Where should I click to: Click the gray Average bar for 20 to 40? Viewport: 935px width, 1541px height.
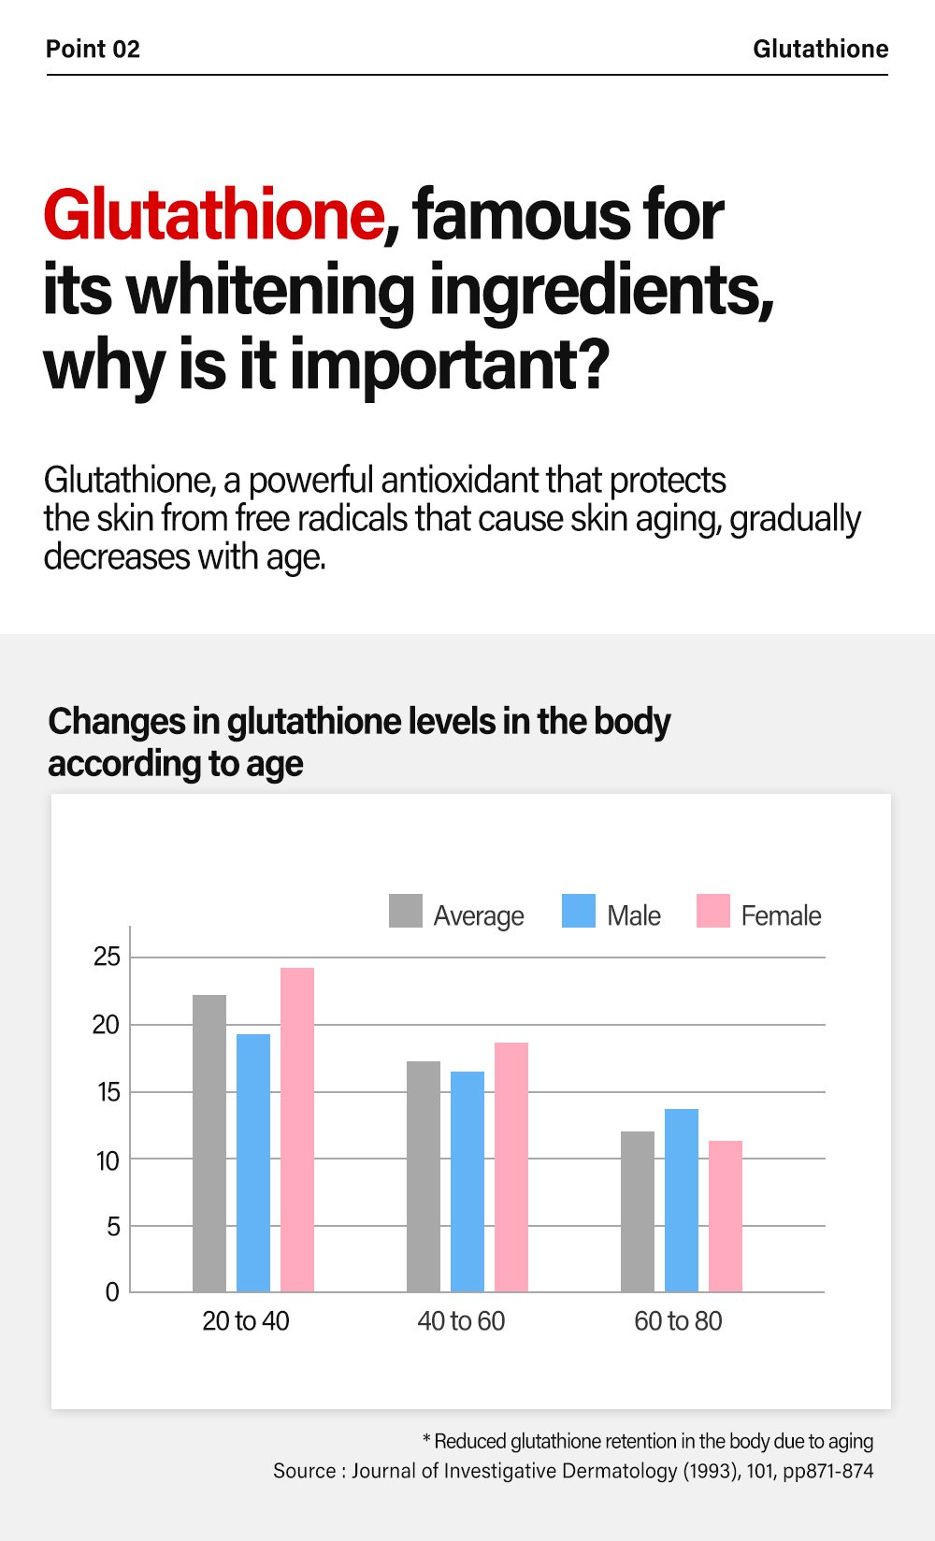[x=209, y=1143]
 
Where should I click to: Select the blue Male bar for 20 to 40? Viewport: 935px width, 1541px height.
[x=253, y=1162]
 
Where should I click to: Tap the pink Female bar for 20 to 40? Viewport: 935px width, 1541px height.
[x=297, y=1130]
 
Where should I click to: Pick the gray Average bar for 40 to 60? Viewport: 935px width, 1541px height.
[x=424, y=1176]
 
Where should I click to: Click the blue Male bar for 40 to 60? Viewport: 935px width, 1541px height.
[x=467, y=1181]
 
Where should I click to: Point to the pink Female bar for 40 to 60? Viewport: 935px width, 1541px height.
[x=511, y=1167]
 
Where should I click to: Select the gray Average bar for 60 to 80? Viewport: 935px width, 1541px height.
[x=638, y=1211]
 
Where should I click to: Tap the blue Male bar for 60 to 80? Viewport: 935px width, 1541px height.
[x=682, y=1200]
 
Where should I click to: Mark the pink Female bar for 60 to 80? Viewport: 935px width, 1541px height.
[x=726, y=1216]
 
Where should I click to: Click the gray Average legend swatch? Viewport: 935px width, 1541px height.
[x=406, y=911]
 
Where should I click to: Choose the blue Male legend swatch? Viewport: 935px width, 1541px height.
[x=579, y=911]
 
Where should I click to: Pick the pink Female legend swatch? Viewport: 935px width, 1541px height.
[x=713, y=911]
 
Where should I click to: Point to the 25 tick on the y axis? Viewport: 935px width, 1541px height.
[x=108, y=957]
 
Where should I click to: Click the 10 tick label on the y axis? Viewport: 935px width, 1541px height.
[x=108, y=1160]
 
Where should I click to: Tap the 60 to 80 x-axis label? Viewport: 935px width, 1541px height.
[x=678, y=1321]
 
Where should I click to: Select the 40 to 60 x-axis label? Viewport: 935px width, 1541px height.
[x=461, y=1321]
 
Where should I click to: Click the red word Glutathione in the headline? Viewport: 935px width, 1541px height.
[x=213, y=215]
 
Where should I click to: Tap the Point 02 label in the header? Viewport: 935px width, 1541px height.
[x=93, y=49]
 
